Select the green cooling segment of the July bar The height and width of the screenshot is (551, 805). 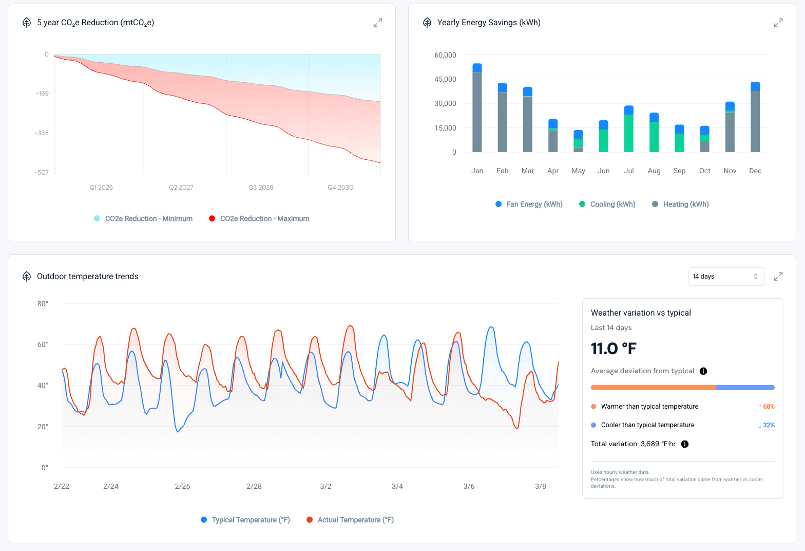[x=629, y=134]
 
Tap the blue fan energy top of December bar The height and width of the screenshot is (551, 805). [x=755, y=86]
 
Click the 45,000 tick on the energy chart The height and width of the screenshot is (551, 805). [x=445, y=79]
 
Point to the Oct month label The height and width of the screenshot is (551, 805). [x=704, y=171]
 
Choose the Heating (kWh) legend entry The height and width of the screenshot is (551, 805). [x=685, y=204]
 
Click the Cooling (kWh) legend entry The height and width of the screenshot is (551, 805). [x=612, y=204]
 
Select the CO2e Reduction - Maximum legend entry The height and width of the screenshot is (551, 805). [x=264, y=218]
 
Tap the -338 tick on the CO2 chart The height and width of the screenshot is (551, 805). [x=42, y=133]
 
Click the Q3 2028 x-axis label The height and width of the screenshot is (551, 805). [x=260, y=188]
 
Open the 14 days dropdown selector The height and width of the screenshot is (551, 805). [x=726, y=277]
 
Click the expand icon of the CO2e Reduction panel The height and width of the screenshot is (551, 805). [x=378, y=23]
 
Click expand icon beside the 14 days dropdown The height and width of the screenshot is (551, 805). [x=778, y=277]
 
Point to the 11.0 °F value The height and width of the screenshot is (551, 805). [x=614, y=348]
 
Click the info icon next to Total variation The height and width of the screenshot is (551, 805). [x=685, y=444]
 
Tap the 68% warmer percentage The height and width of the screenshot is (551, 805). [x=766, y=407]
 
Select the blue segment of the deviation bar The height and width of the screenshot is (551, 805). [x=745, y=388]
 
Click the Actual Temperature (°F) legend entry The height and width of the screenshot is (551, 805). [x=355, y=520]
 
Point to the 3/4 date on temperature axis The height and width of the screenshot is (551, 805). [x=397, y=486]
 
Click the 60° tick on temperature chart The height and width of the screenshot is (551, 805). [x=43, y=344]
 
